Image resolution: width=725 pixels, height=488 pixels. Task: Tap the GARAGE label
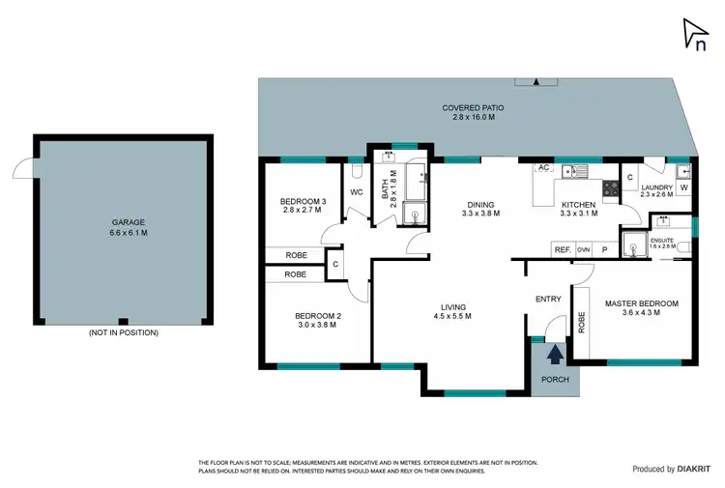pos(121,221)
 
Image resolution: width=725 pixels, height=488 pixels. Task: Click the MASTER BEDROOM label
pos(641,303)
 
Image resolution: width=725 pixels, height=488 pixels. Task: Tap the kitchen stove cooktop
pos(611,187)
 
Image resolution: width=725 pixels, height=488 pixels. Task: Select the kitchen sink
pos(574,172)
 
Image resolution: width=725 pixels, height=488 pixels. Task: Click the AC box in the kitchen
pos(543,167)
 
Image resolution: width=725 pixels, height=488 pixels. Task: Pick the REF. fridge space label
pos(562,249)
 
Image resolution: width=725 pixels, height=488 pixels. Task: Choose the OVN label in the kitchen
pos(583,249)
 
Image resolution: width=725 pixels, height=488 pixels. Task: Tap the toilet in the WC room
pos(355,171)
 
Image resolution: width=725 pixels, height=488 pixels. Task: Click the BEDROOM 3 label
pos(303,201)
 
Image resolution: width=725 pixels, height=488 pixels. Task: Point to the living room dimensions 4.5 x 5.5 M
pos(452,316)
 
